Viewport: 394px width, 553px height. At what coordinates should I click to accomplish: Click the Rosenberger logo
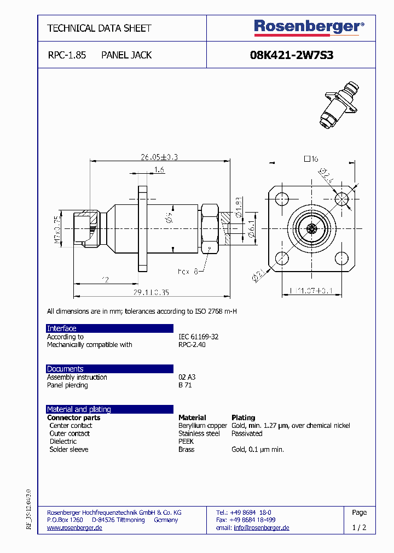pos(309,27)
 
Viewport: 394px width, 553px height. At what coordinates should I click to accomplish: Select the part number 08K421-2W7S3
pos(292,55)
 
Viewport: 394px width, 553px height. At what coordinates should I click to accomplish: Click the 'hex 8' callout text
pos(187,271)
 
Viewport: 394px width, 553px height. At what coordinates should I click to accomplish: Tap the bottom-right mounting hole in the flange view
pos(343,258)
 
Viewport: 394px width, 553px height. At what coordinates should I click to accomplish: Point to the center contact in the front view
pos(312,228)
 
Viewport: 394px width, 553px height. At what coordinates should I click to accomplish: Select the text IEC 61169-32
pos(198,337)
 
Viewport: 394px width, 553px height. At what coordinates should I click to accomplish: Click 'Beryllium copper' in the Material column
pos(202,426)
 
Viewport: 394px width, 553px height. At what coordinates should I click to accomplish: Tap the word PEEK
pos(186,442)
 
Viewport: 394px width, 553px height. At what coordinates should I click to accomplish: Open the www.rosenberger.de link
pos(74,528)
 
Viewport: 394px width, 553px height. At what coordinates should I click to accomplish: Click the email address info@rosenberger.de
pos(261,528)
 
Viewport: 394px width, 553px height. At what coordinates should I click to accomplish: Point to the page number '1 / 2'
pos(359,528)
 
